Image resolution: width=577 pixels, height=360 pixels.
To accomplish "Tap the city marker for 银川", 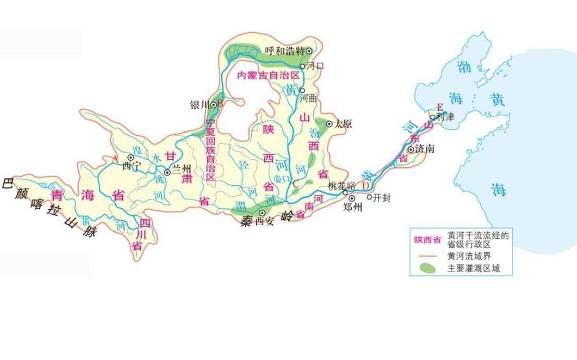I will [213, 104].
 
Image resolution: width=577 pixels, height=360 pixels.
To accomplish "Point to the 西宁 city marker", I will [130, 157].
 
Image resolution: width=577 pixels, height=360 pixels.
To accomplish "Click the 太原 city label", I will [343, 123].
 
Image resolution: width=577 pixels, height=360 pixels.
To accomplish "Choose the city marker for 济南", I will [410, 149].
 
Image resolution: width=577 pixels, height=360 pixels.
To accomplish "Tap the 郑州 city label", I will [352, 207].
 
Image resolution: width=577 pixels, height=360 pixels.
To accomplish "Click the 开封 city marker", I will [369, 197].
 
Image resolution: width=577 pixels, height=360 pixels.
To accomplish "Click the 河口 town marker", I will [302, 66].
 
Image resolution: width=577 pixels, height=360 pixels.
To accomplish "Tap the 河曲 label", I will [308, 99].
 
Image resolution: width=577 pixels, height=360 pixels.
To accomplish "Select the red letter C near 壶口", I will [296, 183].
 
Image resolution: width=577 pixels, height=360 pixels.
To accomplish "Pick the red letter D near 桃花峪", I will [365, 186].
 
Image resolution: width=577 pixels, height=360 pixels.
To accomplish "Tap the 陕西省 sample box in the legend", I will [427, 239].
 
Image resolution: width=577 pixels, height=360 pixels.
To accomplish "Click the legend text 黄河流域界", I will [468, 255].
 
